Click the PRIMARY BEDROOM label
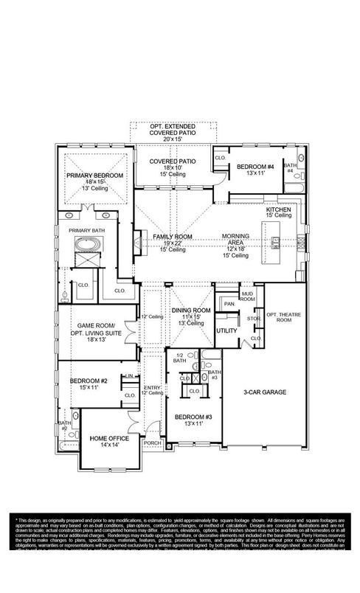click(94, 175)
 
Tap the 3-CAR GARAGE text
click(265, 392)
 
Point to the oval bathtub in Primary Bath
click(89, 245)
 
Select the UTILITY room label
click(226, 330)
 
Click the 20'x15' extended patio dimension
click(170, 139)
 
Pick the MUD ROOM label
click(247, 296)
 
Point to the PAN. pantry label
click(229, 303)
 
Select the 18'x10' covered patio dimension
click(171, 168)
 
